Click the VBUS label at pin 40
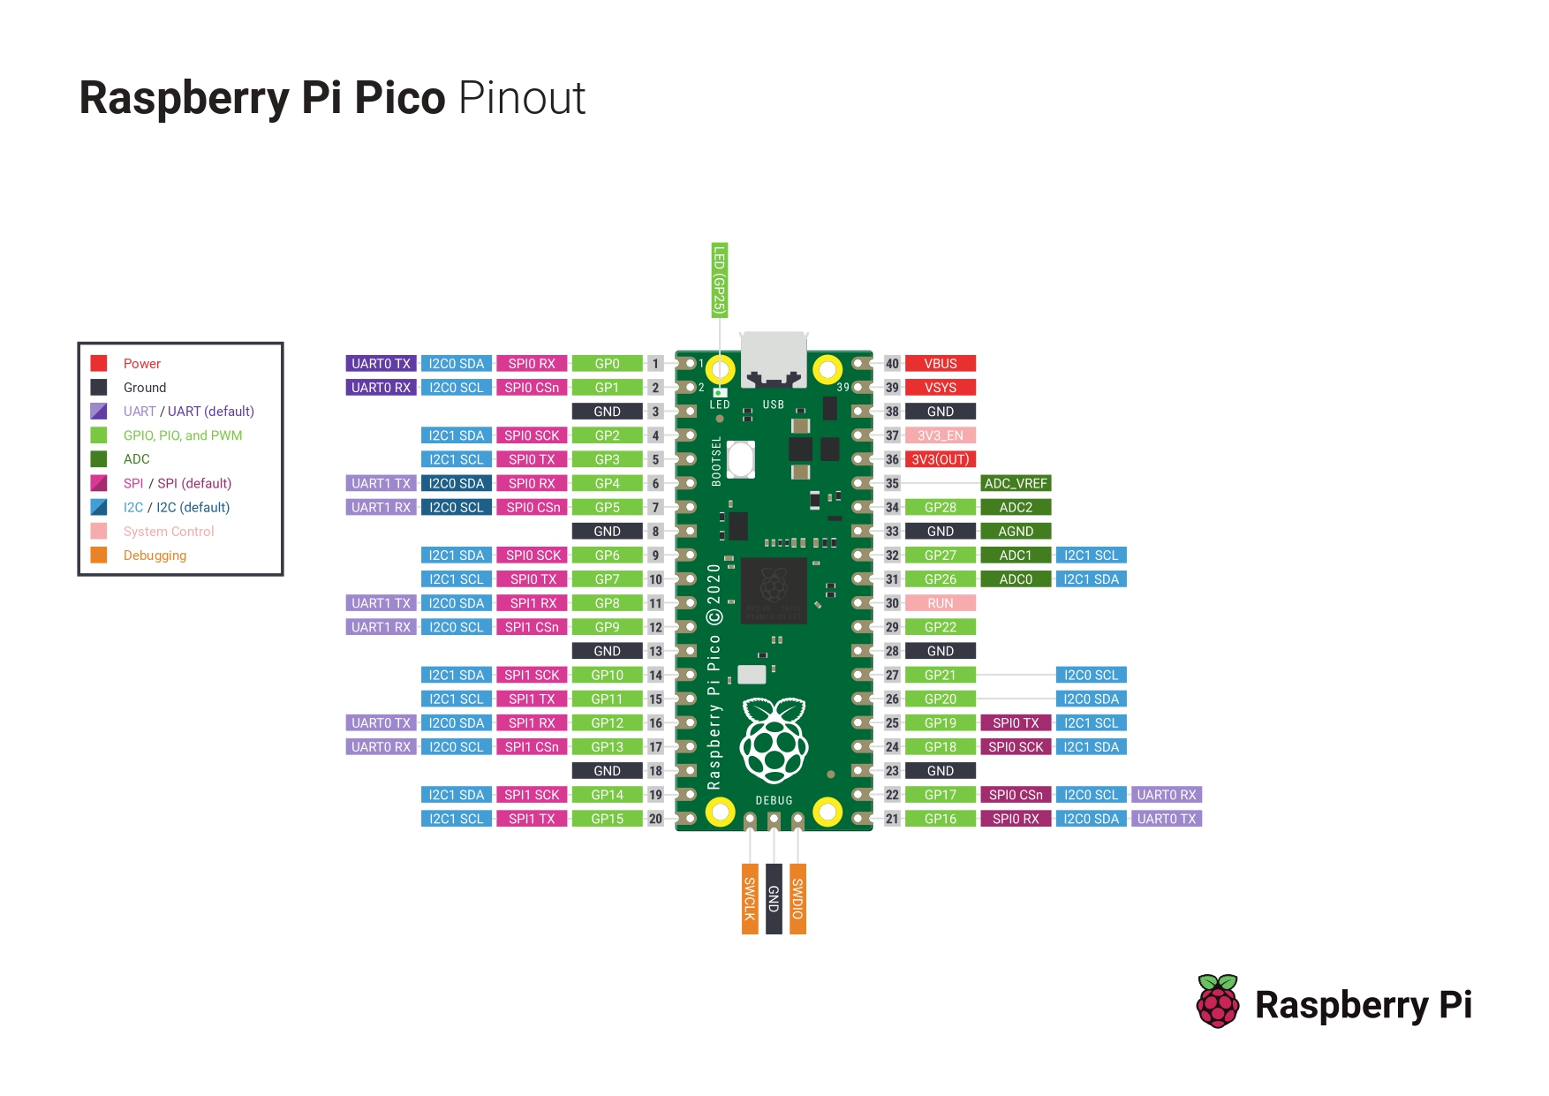click(x=940, y=363)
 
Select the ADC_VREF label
click(x=1015, y=483)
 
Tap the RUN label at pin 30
click(x=940, y=603)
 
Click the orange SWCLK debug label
click(x=750, y=898)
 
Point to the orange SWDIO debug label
click(x=797, y=898)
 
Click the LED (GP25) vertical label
click(x=719, y=280)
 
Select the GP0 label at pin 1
click(x=607, y=363)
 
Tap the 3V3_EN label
click(x=940, y=435)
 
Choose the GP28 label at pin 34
click(x=940, y=507)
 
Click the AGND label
click(x=1015, y=531)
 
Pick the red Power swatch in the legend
click(x=99, y=363)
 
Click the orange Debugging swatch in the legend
click(x=99, y=555)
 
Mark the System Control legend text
click(x=169, y=531)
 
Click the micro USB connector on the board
click(x=773, y=359)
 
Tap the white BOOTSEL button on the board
click(x=741, y=459)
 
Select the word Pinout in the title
click(x=522, y=97)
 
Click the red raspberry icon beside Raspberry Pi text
click(x=1218, y=1002)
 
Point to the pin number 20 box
click(x=655, y=819)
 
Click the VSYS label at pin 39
click(x=940, y=387)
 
